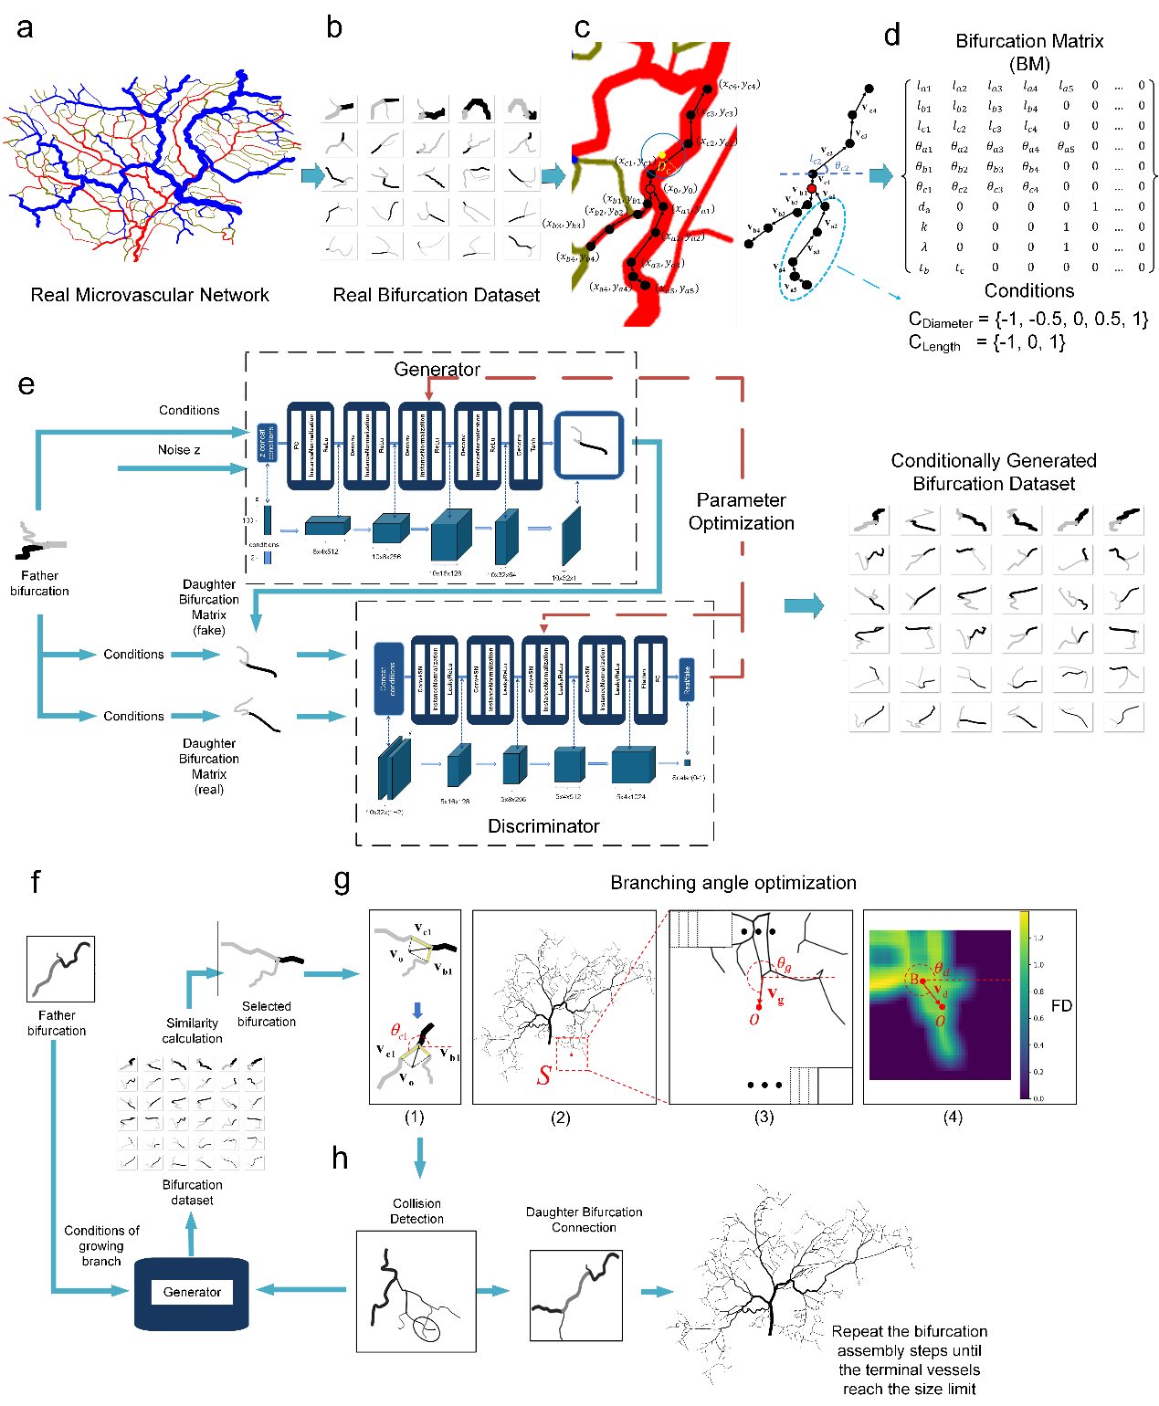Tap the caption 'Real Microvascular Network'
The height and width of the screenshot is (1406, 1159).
(150, 295)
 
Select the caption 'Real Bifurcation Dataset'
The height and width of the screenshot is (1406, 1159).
(436, 295)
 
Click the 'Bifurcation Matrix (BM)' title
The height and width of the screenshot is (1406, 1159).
(1029, 52)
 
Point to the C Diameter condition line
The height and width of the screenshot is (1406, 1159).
(1027, 320)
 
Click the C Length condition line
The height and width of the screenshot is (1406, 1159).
(986, 342)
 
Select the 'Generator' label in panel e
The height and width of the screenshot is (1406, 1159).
(437, 369)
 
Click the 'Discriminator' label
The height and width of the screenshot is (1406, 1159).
(543, 825)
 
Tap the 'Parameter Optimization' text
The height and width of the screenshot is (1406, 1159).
(741, 511)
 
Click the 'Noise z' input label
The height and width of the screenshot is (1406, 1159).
(179, 449)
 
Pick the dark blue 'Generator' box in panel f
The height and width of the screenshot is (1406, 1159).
(192, 1292)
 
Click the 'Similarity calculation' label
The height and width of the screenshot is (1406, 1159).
(192, 1031)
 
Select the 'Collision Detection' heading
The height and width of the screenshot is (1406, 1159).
(416, 1211)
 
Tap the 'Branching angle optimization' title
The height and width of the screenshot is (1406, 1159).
(732, 883)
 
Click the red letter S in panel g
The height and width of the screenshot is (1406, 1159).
(543, 1075)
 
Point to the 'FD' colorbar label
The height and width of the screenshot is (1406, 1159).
(1061, 1005)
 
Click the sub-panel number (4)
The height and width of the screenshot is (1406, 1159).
(952, 1117)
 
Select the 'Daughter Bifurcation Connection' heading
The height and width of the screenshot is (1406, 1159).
(584, 1220)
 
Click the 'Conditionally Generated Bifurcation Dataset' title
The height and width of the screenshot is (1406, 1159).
(994, 472)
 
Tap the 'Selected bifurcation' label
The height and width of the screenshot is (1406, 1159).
(267, 1013)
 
